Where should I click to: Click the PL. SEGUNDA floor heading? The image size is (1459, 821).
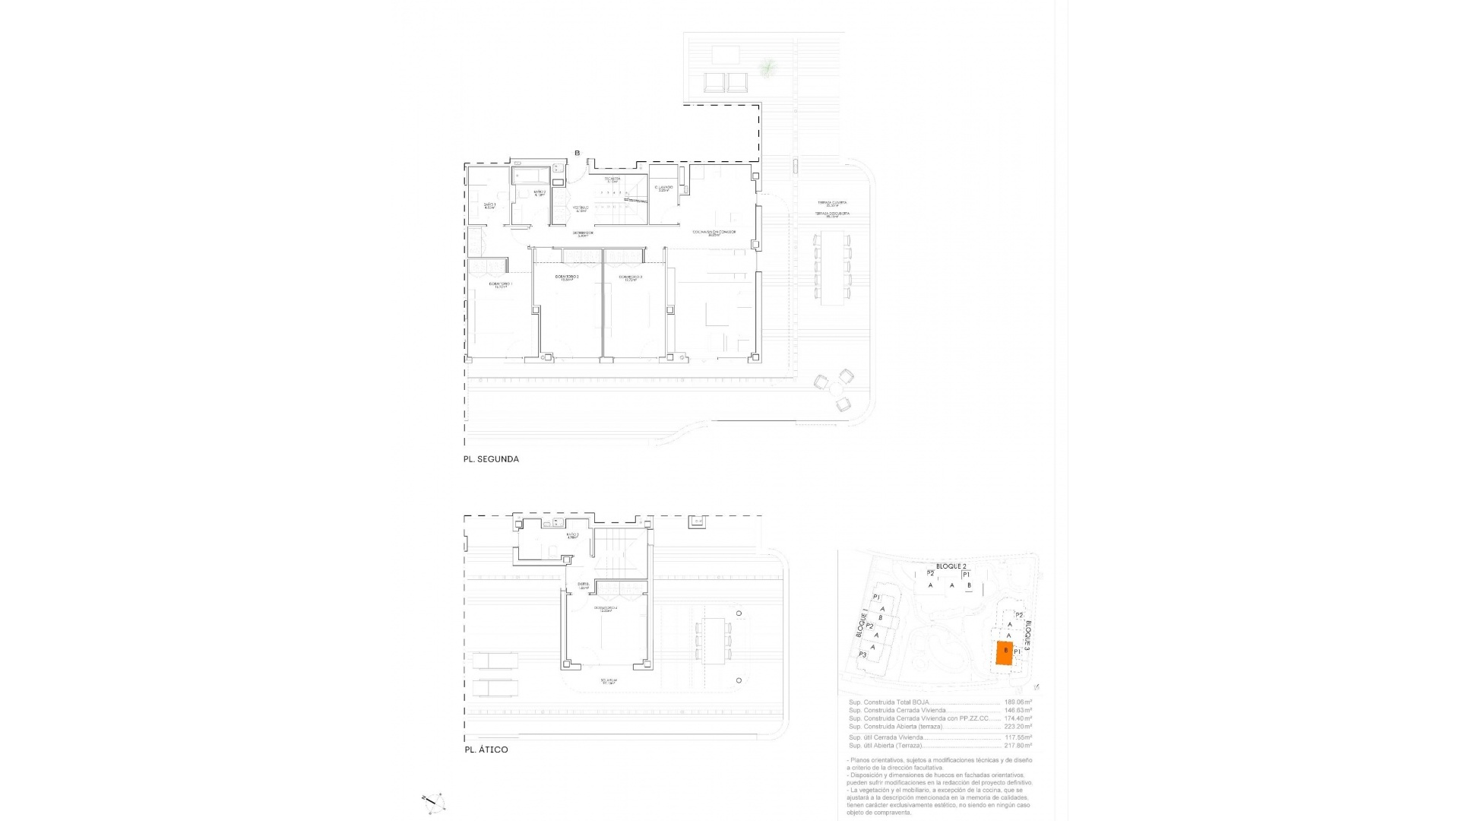click(x=491, y=459)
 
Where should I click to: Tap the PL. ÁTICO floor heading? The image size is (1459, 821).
click(x=486, y=750)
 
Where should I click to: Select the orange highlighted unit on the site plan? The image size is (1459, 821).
click(x=1004, y=652)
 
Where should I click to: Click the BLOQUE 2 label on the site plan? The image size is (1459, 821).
click(x=951, y=567)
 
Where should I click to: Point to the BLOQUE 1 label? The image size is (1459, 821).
click(x=862, y=624)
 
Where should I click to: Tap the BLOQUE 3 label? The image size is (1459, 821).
click(x=1028, y=634)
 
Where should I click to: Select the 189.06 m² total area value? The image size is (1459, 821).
click(x=1018, y=702)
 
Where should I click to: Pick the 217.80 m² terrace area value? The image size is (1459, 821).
click(x=1018, y=746)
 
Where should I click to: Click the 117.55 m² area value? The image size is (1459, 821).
click(x=1018, y=737)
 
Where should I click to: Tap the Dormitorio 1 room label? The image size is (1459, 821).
click(x=501, y=285)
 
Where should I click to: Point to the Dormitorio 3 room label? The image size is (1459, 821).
click(x=631, y=277)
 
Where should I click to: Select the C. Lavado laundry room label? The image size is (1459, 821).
click(x=663, y=188)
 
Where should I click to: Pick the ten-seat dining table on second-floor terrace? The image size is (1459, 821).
click(x=833, y=268)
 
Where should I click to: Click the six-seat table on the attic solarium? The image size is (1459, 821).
click(x=714, y=641)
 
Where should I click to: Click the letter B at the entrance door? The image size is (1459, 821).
click(x=577, y=154)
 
